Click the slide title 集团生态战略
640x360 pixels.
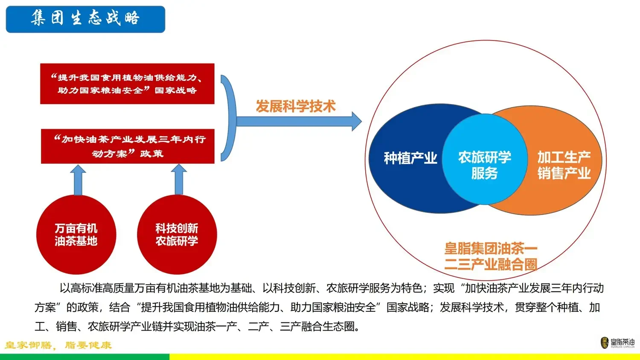point(85,19)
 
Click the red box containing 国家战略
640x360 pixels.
point(127,84)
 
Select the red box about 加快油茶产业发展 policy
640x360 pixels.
point(128,146)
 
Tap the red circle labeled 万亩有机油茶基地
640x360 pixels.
point(76,235)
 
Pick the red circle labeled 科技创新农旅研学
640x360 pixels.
point(177,235)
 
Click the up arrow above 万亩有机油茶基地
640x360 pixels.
point(78,179)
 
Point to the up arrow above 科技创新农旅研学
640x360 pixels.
point(179,179)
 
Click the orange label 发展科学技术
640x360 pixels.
point(296,106)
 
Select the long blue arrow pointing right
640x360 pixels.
point(299,121)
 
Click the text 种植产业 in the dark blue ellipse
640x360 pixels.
point(410,158)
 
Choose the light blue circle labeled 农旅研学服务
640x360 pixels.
point(485,165)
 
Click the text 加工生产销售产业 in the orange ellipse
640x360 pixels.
point(564,165)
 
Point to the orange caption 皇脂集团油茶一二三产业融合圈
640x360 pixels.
point(491,256)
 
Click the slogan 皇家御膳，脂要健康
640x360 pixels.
point(58,345)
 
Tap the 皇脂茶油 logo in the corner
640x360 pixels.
point(617,343)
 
